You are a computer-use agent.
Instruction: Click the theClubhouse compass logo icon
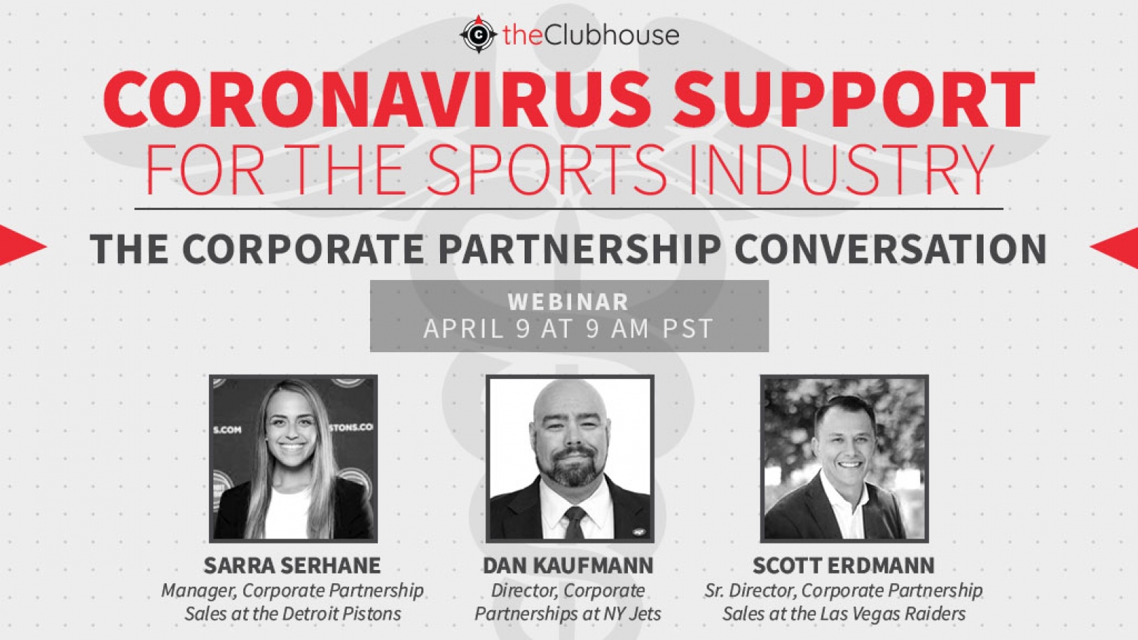coord(478,34)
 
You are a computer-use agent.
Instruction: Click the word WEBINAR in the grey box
coord(568,302)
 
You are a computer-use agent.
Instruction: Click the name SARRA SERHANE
coord(292,565)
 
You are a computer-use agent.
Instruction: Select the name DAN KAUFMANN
coord(568,565)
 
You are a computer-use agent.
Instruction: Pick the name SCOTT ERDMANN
coord(844,565)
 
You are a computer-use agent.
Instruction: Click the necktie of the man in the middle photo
coord(575,523)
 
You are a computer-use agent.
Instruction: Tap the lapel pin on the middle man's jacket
coord(635,532)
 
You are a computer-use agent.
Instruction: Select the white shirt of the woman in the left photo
coord(288,512)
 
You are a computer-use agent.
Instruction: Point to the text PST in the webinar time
coord(688,329)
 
